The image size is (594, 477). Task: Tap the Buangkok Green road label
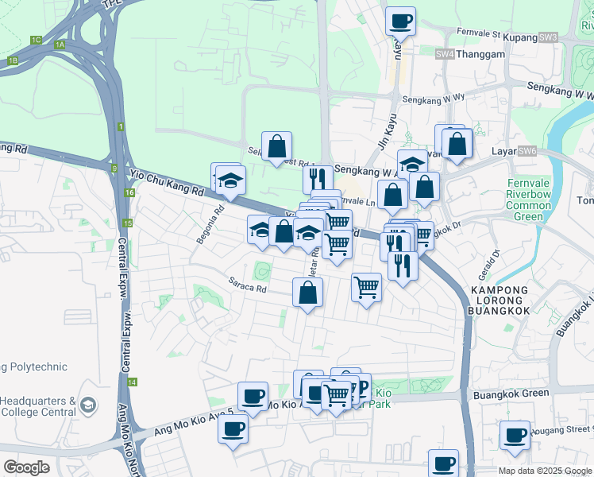[x=511, y=394]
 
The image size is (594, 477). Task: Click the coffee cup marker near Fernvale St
[x=400, y=21]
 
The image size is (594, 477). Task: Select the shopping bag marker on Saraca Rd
[x=308, y=293]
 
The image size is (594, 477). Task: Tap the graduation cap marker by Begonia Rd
[x=230, y=181]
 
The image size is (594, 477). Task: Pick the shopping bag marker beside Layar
[x=457, y=144]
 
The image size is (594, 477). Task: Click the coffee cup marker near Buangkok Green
[x=515, y=435]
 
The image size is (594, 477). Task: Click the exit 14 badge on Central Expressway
[x=132, y=382]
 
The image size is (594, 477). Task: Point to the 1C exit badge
[x=36, y=39]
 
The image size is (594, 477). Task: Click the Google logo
[x=27, y=467]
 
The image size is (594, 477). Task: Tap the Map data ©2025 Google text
[x=544, y=471]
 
